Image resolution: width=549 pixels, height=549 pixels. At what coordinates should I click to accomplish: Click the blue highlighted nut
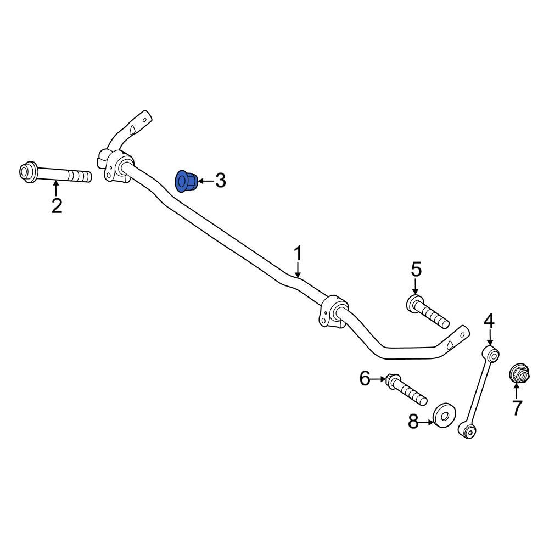pos(186,181)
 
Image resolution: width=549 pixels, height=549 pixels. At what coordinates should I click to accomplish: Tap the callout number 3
pos(220,181)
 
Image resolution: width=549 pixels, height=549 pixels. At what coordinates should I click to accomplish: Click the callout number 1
pos(298,254)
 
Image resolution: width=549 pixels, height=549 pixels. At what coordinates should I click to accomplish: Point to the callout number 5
pos(416,270)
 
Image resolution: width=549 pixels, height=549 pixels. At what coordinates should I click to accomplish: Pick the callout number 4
pos(489,321)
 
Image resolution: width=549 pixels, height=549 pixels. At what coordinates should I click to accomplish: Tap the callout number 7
pos(517,407)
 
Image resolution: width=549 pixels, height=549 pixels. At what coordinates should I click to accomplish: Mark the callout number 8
pos(413,422)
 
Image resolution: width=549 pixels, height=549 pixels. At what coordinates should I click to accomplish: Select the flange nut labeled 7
pos(519,374)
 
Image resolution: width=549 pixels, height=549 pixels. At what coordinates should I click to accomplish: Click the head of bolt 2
pos(28,172)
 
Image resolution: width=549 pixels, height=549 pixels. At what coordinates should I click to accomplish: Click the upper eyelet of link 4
pos(491,355)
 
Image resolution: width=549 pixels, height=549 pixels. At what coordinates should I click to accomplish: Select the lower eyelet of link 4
pos(468,430)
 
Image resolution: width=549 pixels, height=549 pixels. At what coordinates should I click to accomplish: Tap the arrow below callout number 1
pos(298,270)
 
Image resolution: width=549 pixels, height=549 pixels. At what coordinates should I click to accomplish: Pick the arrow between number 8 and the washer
pos(426,423)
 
